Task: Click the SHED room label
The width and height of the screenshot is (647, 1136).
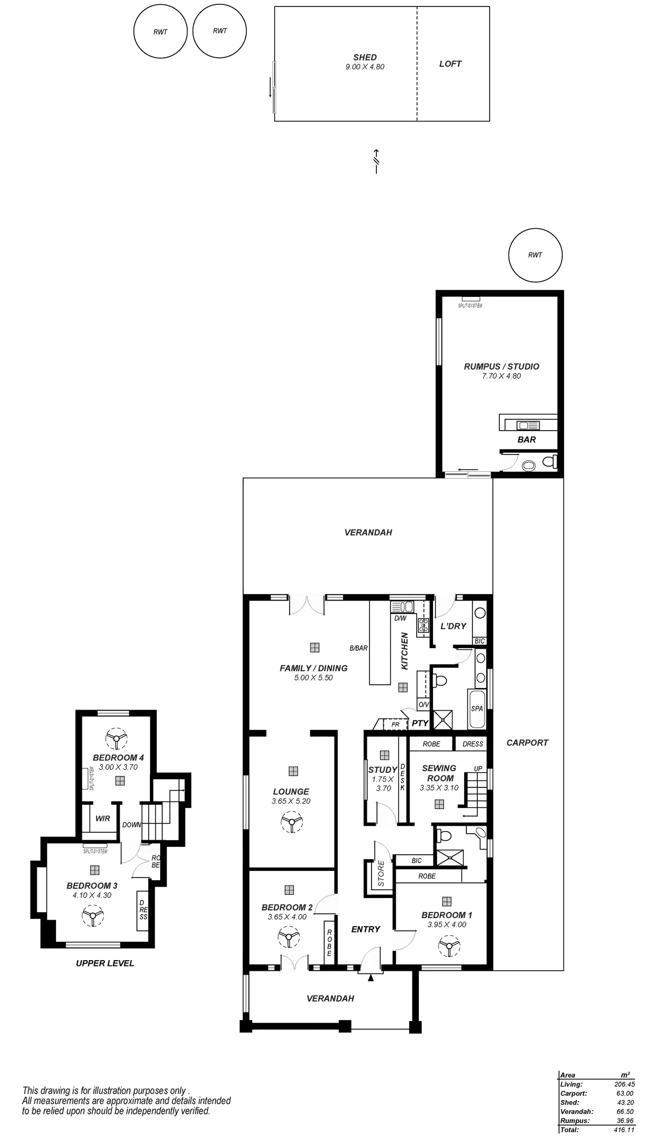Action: point(365,57)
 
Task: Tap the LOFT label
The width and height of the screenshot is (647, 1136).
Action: point(450,64)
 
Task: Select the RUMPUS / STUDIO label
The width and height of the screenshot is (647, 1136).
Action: point(501,366)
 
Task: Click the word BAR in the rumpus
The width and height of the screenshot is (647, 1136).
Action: point(527,440)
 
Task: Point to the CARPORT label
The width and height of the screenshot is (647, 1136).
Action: point(527,743)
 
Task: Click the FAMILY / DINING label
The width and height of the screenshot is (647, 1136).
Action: point(313,668)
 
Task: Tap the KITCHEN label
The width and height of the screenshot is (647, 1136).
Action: point(405,650)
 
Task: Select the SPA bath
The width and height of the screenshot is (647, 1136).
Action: point(477,709)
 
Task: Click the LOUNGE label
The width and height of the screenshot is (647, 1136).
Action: point(291,791)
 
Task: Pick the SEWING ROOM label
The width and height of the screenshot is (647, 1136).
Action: point(440,773)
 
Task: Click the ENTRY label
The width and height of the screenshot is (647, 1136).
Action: point(366,929)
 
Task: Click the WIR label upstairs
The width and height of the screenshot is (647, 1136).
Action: point(102,818)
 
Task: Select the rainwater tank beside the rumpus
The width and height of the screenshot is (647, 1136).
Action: point(536,255)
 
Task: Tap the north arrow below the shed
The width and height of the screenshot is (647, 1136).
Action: point(376,160)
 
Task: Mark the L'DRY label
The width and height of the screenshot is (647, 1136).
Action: point(453,626)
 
